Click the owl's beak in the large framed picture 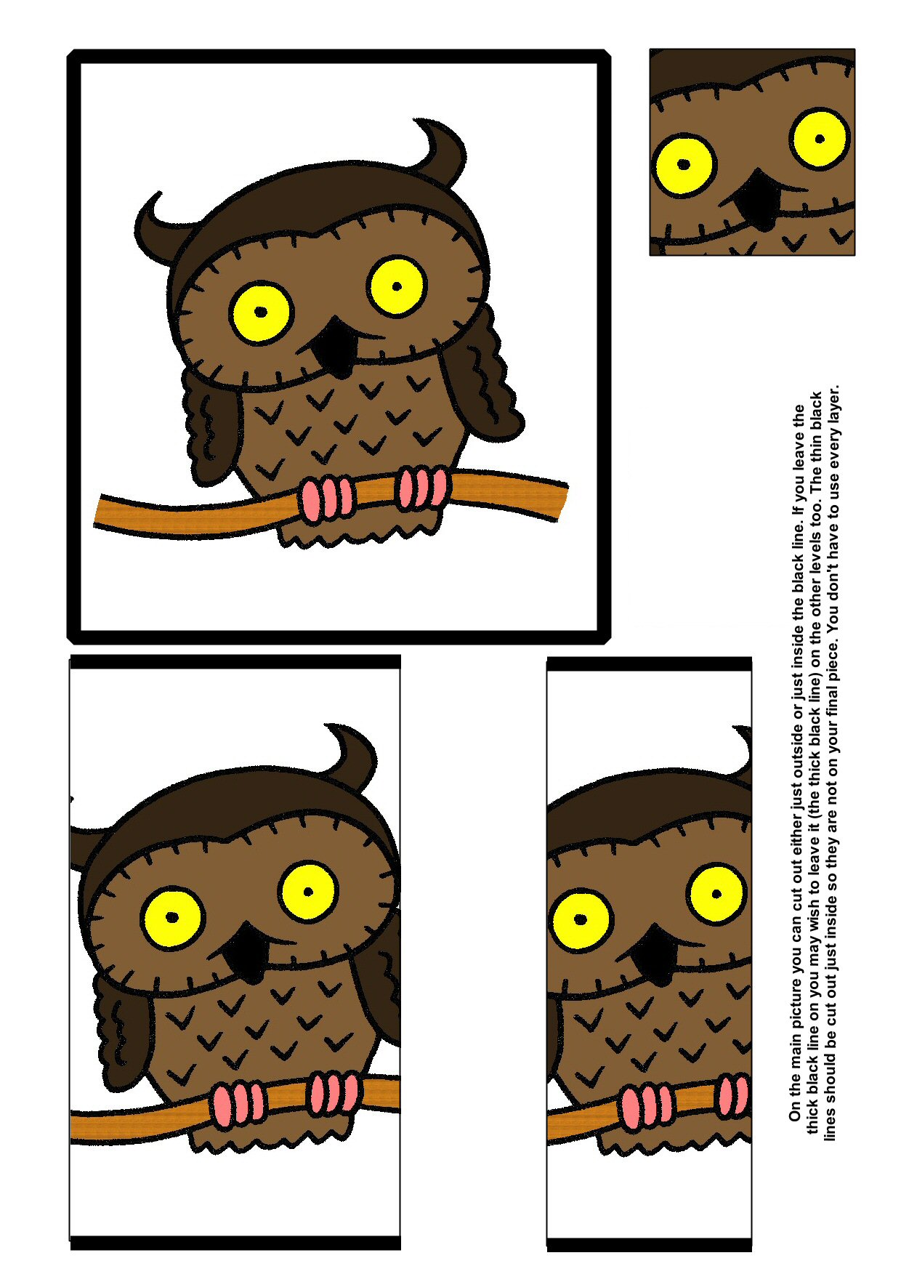coord(336,345)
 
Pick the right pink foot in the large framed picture coord(421,488)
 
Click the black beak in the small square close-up coord(757,199)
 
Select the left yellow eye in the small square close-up coord(683,165)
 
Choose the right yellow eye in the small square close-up coord(820,138)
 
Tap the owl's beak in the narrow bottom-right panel coord(655,952)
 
